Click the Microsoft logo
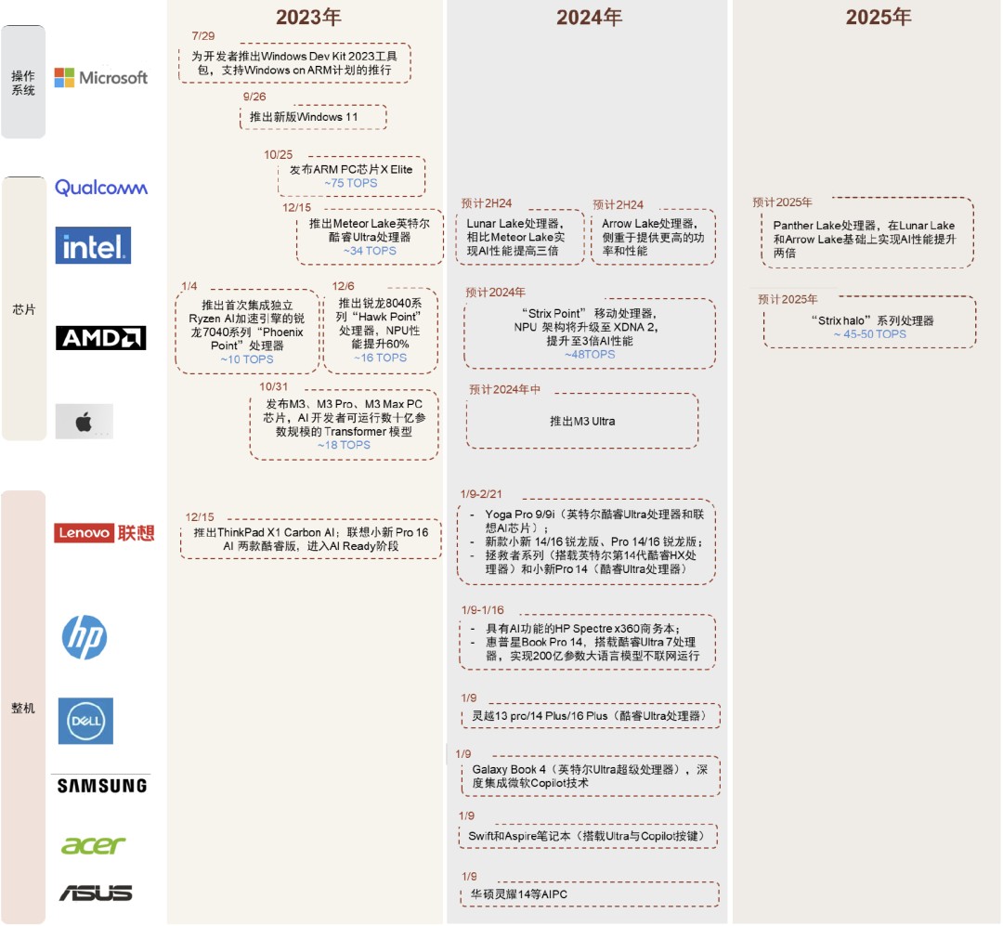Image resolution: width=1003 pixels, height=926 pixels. click(101, 78)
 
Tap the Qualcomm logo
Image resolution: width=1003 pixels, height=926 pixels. click(101, 188)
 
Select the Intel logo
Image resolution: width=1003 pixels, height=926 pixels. click(93, 246)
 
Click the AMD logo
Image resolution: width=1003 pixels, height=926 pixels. click(101, 338)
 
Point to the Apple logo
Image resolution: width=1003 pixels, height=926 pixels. click(85, 423)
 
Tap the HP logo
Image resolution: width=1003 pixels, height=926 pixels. click(85, 638)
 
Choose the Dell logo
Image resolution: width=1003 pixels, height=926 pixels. click(85, 721)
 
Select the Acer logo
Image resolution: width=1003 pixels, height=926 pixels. click(93, 845)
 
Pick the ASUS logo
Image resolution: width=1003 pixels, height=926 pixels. click(96, 893)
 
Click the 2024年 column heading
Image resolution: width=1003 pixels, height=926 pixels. click(589, 18)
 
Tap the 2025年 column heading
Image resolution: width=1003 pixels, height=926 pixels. click(878, 18)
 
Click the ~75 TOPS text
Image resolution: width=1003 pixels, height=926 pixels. click(351, 184)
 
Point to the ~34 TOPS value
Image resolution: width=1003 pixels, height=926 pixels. click(370, 251)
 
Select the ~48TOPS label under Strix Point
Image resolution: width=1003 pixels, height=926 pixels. click(590, 354)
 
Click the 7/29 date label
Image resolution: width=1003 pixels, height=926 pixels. click(202, 35)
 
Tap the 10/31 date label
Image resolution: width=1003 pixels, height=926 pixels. click(274, 386)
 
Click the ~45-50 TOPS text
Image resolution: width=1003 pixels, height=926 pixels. click(869, 334)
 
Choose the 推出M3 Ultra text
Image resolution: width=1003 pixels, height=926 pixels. click(582, 421)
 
